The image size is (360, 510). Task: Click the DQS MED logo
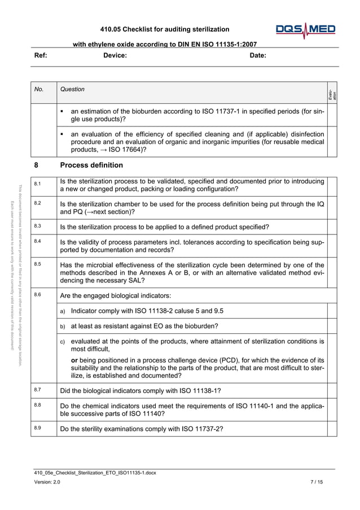(x=305, y=30)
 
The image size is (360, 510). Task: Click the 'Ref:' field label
(x=41, y=55)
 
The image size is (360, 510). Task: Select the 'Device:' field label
(x=115, y=55)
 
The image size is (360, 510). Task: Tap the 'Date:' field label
(x=258, y=55)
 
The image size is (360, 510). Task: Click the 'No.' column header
(x=38, y=89)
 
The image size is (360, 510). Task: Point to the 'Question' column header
(x=72, y=89)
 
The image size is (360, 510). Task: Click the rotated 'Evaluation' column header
(x=333, y=94)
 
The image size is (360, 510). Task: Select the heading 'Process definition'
(x=91, y=165)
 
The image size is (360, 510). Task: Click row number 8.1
(x=37, y=184)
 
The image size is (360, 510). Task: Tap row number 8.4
(x=37, y=241)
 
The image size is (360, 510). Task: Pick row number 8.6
(x=37, y=294)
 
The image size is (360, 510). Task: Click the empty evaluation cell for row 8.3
(x=332, y=226)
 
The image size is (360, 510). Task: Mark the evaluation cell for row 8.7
(x=332, y=390)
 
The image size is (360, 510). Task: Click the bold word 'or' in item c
(x=74, y=360)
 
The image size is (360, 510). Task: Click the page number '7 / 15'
(x=317, y=482)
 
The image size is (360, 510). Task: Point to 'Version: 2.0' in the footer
(x=47, y=482)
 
